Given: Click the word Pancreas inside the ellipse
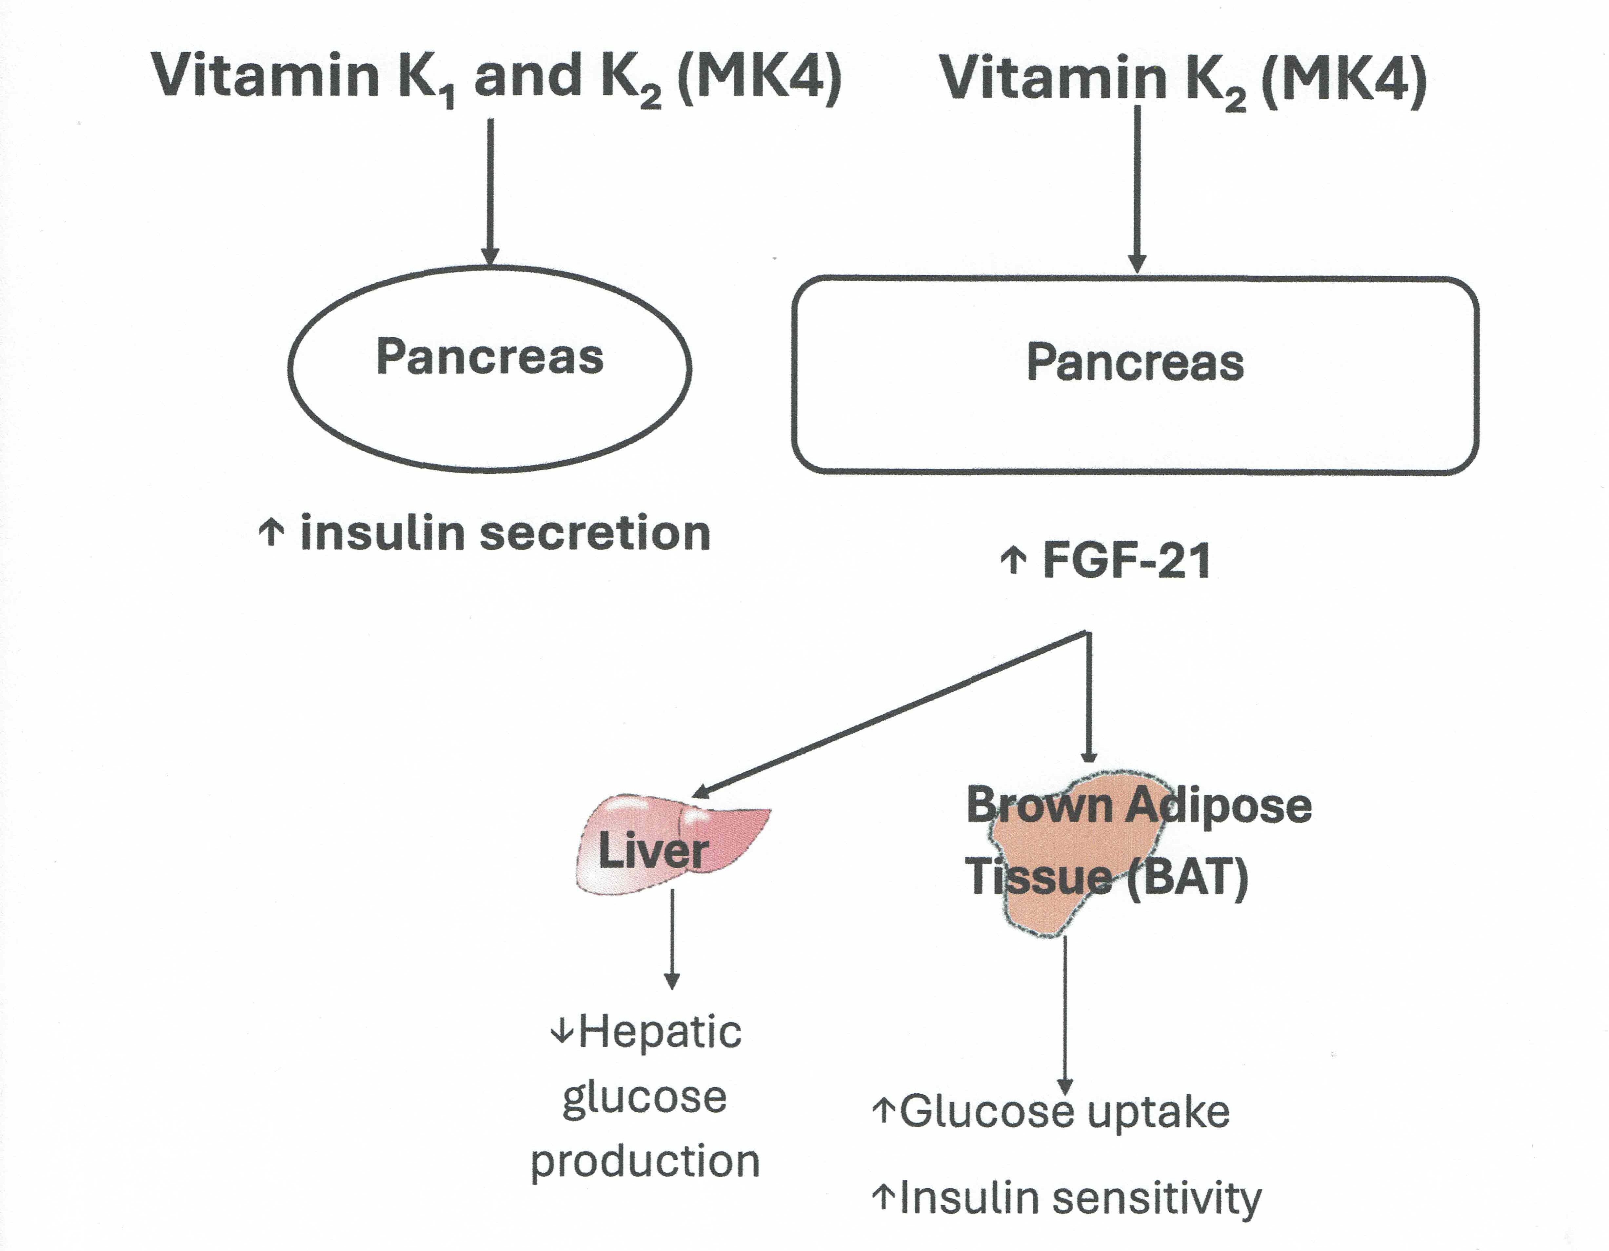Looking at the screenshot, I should click(490, 357).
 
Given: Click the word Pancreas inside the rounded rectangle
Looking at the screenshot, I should click(1135, 363).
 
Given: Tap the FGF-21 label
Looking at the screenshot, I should click(1127, 561).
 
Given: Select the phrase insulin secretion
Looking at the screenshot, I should click(506, 533).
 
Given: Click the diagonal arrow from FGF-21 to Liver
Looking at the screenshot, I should click(884, 715).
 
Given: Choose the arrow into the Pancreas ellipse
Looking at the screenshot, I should click(490, 191).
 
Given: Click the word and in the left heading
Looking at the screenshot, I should click(527, 76).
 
